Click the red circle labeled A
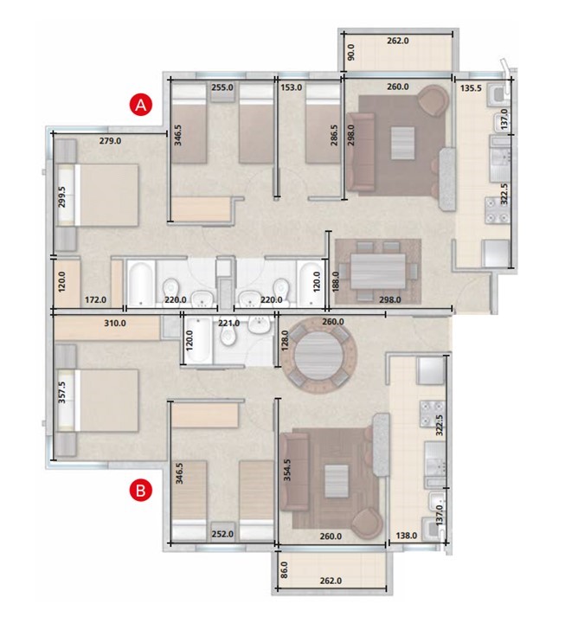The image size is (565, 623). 141,105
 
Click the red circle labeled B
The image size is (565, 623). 141,491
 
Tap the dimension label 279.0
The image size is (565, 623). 110,141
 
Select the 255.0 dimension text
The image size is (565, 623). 222,87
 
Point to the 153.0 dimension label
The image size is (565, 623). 292,87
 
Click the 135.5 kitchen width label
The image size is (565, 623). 471,87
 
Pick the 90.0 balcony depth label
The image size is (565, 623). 351,53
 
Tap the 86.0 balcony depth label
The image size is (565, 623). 284,569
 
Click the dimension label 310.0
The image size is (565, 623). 115,323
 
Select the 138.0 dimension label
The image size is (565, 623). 407,536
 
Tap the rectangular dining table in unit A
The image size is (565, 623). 378,271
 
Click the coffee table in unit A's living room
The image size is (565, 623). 403,143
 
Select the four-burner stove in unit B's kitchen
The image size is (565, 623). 433,414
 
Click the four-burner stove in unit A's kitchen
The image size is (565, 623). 497,210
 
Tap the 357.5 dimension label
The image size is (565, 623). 62,393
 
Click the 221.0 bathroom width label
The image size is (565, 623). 229,323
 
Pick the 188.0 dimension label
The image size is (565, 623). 336,282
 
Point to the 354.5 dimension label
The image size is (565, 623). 287,470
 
